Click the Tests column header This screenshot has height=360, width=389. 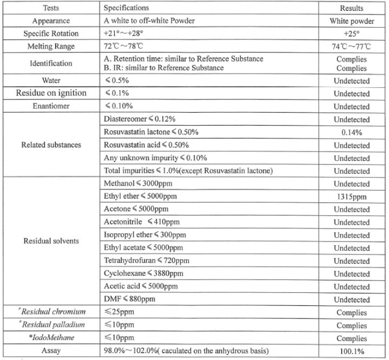(x=52, y=8)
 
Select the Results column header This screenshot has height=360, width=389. (x=351, y=8)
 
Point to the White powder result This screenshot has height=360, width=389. (x=351, y=21)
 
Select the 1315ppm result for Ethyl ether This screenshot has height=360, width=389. (x=351, y=197)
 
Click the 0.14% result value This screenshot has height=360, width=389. (x=351, y=132)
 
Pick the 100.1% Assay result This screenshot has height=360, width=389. (x=351, y=351)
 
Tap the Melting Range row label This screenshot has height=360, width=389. (x=52, y=47)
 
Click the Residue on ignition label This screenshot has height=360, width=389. (x=52, y=93)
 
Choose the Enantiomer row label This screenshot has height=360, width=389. (x=52, y=106)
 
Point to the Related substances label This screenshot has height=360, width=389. (x=52, y=145)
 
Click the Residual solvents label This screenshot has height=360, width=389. (x=52, y=241)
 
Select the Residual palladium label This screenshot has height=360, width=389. (x=52, y=325)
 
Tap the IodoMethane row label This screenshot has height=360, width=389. (x=52, y=338)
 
